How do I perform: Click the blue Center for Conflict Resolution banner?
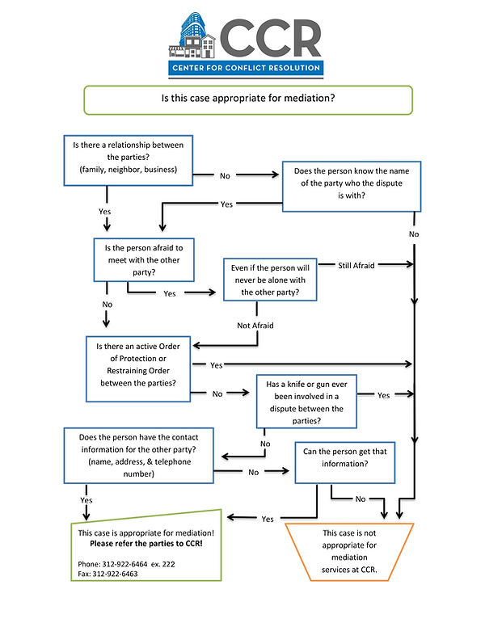coord(247,68)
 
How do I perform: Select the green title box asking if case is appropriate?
coord(249,99)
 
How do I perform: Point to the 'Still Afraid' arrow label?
coord(356,265)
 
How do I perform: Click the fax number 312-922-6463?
coord(107,573)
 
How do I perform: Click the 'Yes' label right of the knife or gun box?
coord(383,395)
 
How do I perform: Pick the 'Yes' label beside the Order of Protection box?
coord(216,365)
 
